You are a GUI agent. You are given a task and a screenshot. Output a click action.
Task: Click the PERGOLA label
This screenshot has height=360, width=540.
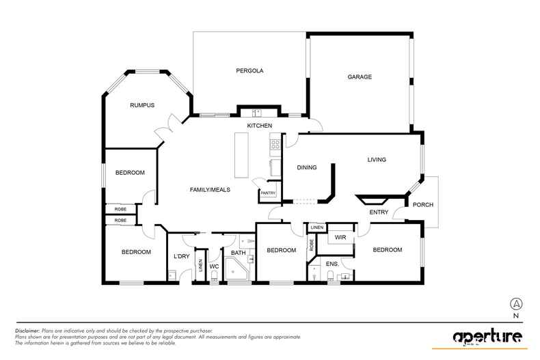coord(249,71)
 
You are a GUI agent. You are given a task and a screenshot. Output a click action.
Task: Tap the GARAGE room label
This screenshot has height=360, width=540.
coord(360,77)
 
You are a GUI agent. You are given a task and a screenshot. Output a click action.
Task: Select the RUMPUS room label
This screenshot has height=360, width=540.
coord(142,105)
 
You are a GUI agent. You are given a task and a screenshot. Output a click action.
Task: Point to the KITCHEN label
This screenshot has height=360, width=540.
coord(260,126)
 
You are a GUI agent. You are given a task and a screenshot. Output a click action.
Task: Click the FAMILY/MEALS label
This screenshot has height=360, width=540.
coord(210,190)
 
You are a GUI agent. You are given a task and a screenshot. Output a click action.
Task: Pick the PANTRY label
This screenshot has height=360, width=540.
coord(268,193)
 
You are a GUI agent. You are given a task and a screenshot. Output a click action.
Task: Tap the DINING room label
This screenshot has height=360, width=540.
coord(307,167)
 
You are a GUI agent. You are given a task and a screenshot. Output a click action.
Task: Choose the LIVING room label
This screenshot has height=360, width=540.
coord(377,160)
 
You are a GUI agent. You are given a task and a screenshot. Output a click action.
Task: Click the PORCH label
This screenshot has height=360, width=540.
coord(423,205)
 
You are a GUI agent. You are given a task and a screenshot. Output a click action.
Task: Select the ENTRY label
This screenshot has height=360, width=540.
coord(379,212)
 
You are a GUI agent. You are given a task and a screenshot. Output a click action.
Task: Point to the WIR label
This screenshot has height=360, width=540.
coord(340,238)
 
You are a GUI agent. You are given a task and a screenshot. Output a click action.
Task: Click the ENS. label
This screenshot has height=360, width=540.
coord(332,264)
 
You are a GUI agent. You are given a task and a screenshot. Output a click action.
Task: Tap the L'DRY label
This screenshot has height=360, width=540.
coord(182,256)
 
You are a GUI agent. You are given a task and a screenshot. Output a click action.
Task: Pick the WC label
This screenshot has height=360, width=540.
coord(214,266)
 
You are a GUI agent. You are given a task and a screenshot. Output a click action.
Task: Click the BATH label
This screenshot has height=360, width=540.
coord(239,253)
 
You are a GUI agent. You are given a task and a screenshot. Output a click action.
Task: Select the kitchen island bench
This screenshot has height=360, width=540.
coord(241,155)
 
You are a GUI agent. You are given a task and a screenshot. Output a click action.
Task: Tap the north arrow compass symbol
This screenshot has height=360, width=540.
coord(516,304)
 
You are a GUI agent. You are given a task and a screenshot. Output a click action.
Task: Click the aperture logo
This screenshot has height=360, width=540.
coord(487,336)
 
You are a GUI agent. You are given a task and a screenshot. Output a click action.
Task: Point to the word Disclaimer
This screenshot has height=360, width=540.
coord(27,331)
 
